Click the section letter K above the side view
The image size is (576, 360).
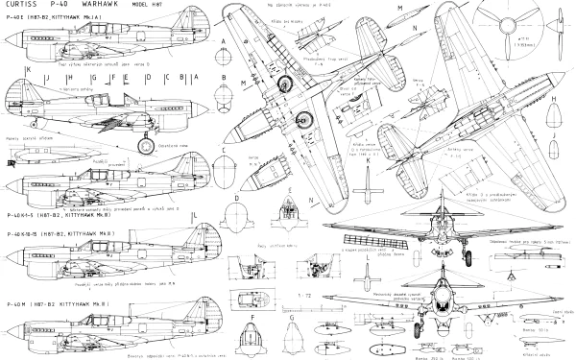tap(30, 71)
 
